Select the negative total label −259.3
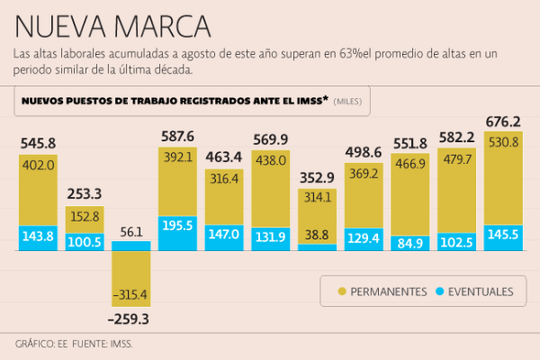130,319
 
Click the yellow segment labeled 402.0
38,189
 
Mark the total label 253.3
84,193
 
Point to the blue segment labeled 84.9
409,241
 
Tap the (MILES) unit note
348,102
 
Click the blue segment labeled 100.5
84,241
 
